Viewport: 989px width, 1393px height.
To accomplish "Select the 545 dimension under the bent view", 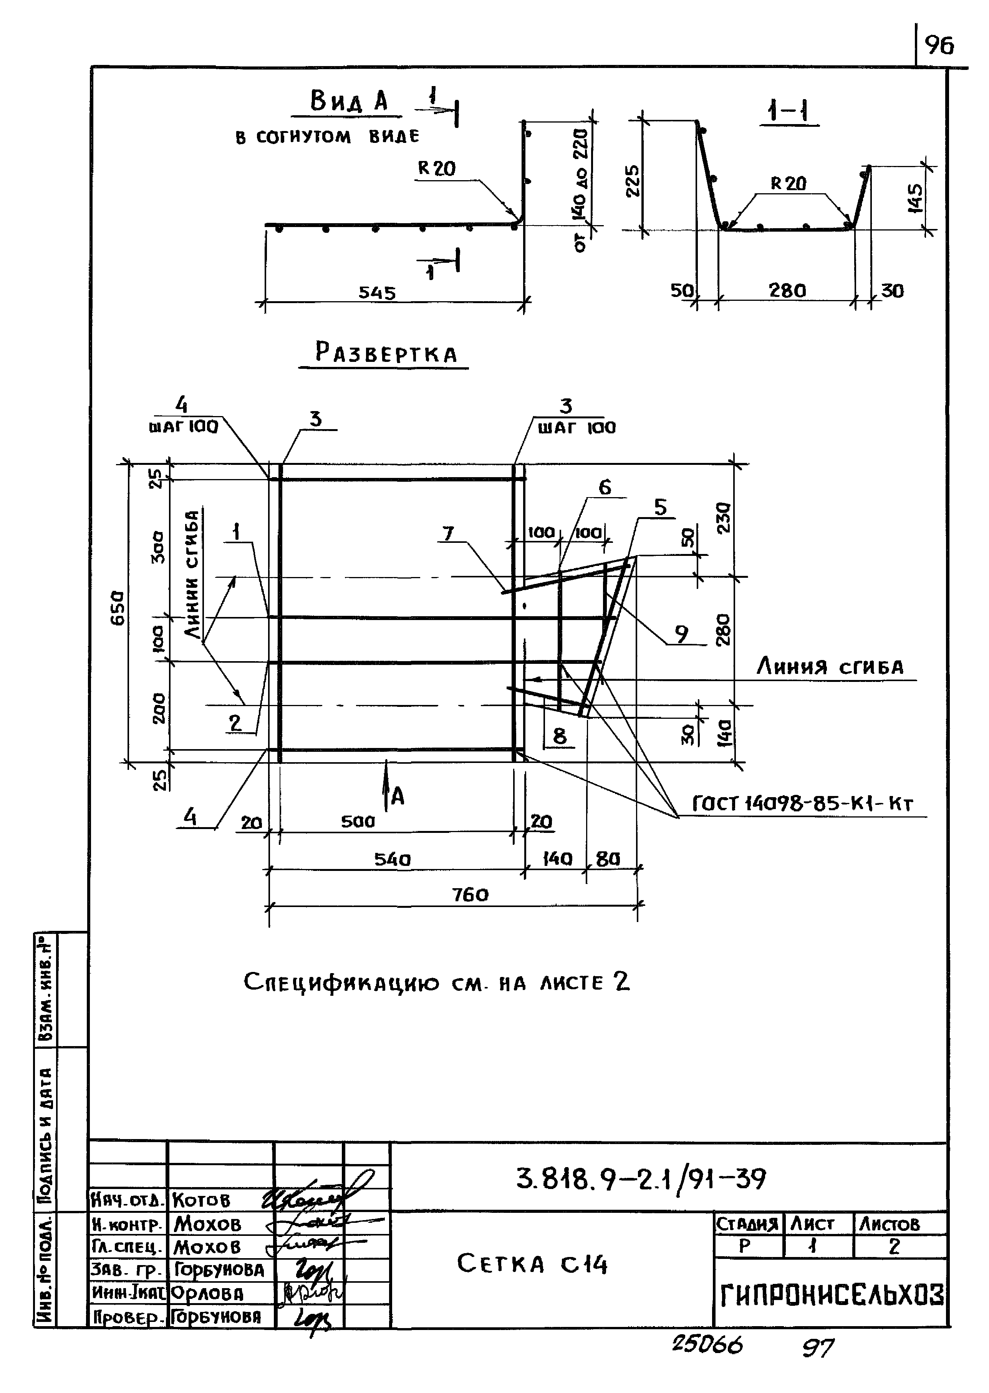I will click(x=377, y=293).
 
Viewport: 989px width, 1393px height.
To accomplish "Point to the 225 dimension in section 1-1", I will click(x=633, y=181).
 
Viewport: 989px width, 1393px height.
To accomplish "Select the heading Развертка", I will click(x=386, y=353).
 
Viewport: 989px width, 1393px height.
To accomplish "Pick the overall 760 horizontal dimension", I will click(x=470, y=895).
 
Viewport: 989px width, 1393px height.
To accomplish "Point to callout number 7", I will click(x=448, y=534).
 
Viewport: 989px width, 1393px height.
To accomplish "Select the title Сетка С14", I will click(x=532, y=1264).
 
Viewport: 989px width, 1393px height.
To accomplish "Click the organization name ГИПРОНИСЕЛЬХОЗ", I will click(x=832, y=1295).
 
